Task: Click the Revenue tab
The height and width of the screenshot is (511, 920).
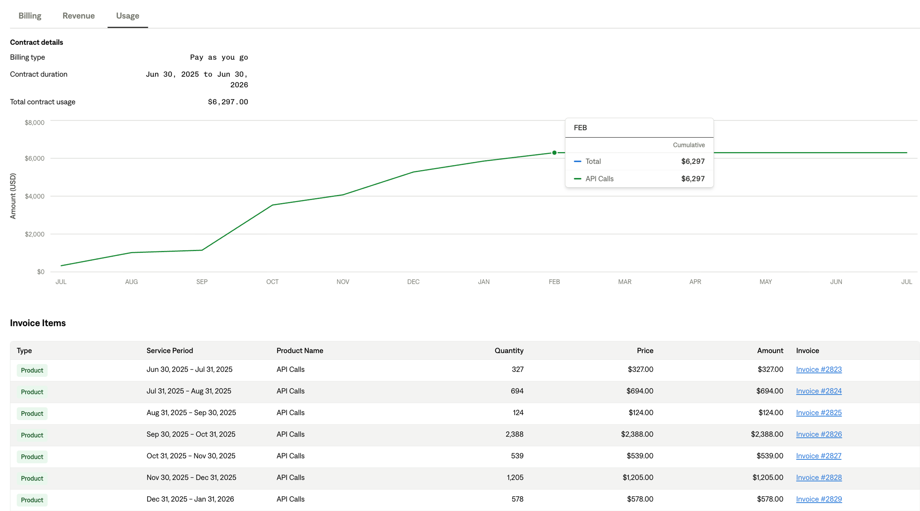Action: click(x=79, y=16)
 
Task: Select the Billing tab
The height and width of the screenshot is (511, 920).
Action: click(x=30, y=16)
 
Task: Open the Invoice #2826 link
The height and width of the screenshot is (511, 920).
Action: click(x=819, y=434)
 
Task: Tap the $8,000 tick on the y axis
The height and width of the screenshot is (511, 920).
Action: click(x=35, y=122)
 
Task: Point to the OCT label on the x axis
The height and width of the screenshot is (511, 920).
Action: click(x=272, y=282)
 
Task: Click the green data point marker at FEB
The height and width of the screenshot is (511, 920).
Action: click(x=554, y=153)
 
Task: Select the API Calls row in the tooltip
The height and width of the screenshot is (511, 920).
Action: click(x=639, y=178)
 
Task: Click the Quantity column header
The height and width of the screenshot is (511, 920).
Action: click(x=509, y=351)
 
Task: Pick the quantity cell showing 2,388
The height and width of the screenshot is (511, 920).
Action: click(x=514, y=434)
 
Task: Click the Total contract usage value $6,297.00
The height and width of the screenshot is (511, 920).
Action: click(x=228, y=102)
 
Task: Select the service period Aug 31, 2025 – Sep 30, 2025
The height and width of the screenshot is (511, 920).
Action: click(x=191, y=413)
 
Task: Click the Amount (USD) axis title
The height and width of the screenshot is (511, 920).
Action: click(x=13, y=196)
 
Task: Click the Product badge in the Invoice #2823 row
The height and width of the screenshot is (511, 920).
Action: click(x=32, y=370)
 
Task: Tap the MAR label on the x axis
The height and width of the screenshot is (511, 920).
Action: click(x=625, y=282)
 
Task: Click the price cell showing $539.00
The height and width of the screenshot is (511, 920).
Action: click(x=640, y=456)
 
